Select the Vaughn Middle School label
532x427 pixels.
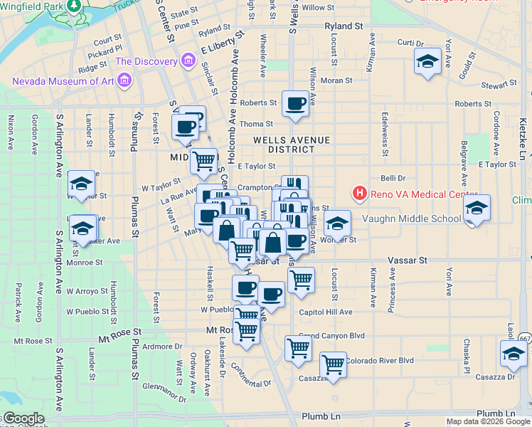412,218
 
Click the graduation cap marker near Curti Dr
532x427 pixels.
428,62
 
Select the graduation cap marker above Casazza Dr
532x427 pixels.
513,352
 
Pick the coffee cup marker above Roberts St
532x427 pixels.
295,103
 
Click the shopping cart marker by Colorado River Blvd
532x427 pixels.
333,364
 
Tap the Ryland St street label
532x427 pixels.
344,26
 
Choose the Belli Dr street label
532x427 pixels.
393,179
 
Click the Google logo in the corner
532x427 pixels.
23,418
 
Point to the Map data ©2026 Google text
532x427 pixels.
488,421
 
